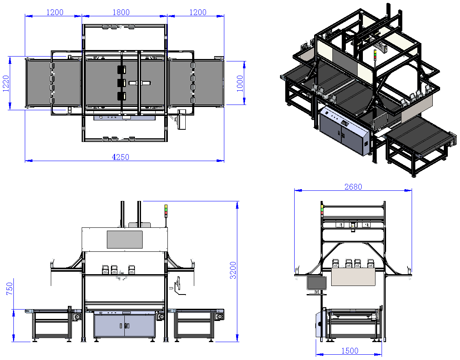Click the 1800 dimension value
point(121,12)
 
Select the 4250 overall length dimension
point(121,157)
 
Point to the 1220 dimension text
point(6,84)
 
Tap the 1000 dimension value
point(240,84)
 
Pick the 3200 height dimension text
point(233,270)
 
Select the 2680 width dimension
point(353,187)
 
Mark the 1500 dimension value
point(350,351)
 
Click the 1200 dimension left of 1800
point(55,12)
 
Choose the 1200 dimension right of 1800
point(198,12)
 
